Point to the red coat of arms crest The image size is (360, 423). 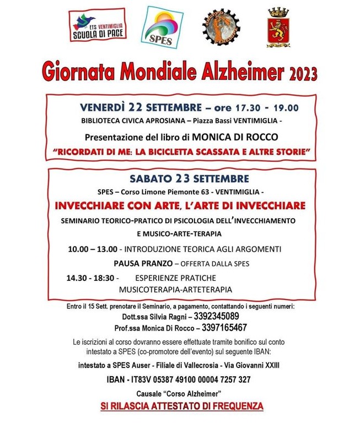(x=279, y=27)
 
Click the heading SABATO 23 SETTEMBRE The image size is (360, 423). (x=181, y=178)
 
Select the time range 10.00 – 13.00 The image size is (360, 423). (x=92, y=249)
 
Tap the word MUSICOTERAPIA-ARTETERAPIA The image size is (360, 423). (x=175, y=289)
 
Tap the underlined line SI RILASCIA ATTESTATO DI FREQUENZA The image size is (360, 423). (x=181, y=407)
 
